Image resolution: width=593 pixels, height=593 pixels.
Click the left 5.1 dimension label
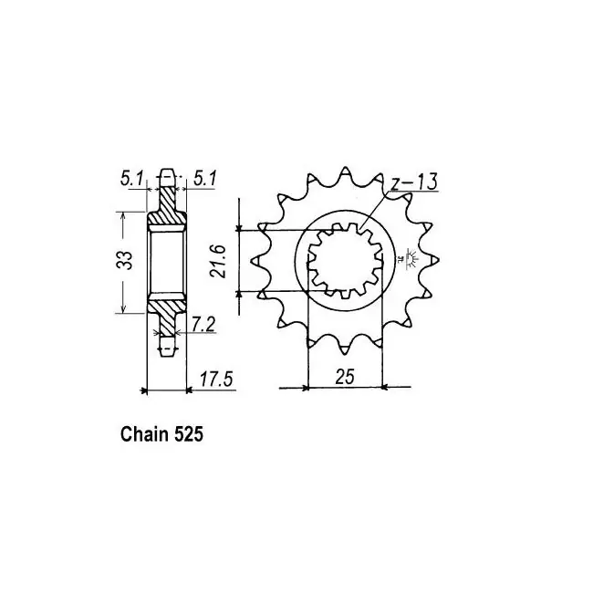pyautogui.click(x=130, y=178)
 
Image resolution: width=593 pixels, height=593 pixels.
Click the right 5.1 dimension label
pyautogui.click(x=204, y=178)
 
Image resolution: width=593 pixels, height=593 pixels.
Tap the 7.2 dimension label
pyautogui.click(x=203, y=325)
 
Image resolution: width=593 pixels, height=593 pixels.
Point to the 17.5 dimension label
pyautogui.click(x=217, y=379)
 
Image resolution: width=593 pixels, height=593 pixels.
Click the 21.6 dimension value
pyautogui.click(x=219, y=261)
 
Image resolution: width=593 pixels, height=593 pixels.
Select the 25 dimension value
pyautogui.click(x=345, y=376)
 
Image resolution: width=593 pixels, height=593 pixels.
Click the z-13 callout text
pyautogui.click(x=413, y=182)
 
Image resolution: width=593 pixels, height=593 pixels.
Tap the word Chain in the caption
pyautogui.click(x=144, y=434)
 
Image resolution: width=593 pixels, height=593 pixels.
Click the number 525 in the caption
pyautogui.click(x=189, y=434)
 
